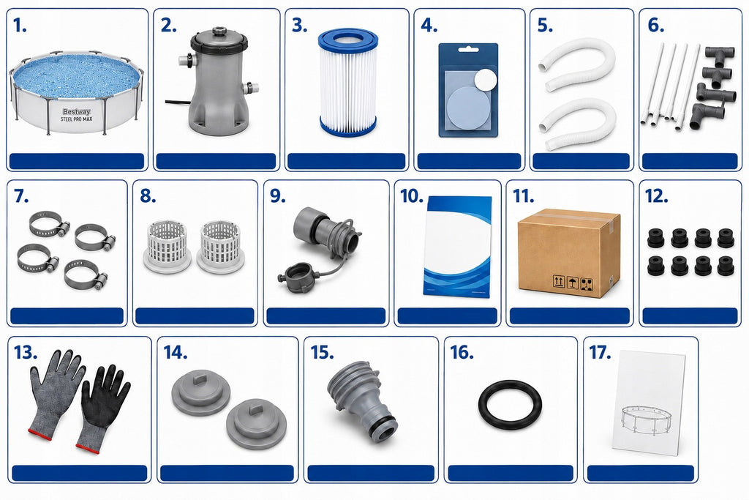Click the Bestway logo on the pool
click(x=76, y=112)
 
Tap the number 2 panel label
click(x=169, y=26)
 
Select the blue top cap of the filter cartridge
click(x=348, y=38)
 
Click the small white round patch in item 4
click(x=486, y=80)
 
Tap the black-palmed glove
click(x=105, y=396)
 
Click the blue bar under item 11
click(x=569, y=316)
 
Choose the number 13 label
click(x=26, y=353)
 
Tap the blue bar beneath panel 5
click(x=581, y=161)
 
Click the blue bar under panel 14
click(x=227, y=473)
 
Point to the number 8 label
click(x=148, y=196)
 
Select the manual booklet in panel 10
click(x=457, y=246)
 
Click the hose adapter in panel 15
click(x=363, y=398)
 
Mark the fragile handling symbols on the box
click(x=572, y=282)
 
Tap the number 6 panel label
click(x=656, y=26)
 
